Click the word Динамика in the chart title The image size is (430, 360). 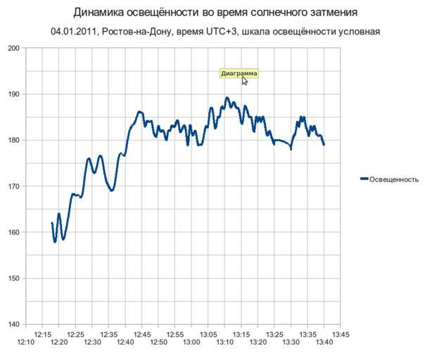click(99, 13)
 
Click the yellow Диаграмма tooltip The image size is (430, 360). click(239, 73)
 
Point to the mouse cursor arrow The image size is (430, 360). click(244, 80)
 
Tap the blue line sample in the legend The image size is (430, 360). click(364, 179)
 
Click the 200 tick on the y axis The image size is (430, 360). click(14, 49)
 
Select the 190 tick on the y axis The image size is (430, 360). click(14, 94)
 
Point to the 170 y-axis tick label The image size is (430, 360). click(14, 186)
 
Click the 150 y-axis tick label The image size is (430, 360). click(14, 278)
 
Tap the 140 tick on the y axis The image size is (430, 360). click(14, 325)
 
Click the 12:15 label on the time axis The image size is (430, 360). click(44, 335)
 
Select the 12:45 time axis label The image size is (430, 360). click(142, 335)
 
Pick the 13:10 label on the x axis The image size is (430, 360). click(225, 342)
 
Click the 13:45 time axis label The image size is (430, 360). click(340, 335)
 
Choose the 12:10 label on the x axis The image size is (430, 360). click(27, 342)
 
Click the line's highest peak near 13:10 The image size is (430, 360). click(227, 98)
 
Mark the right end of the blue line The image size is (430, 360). click(324, 145)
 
